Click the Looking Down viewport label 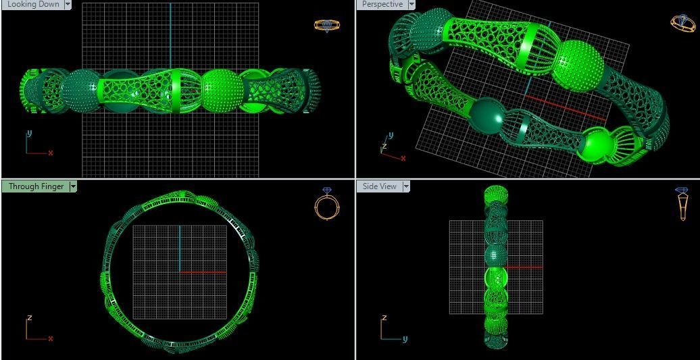tap(33, 4)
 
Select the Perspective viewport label tap(382, 4)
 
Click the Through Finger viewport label tap(36, 186)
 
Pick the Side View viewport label tap(380, 186)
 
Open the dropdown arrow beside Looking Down tap(68, 4)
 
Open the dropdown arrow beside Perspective tap(411, 4)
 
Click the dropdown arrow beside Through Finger tap(73, 186)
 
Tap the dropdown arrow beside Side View tap(406, 186)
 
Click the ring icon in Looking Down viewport tap(327, 26)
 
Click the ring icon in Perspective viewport tap(683, 23)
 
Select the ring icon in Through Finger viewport tap(327, 203)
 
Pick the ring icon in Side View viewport tap(682, 203)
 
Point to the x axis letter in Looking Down tap(51, 153)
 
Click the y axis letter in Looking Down tap(29, 134)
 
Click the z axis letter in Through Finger tap(29, 317)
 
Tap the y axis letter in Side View tap(405, 339)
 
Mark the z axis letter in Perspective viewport tap(384, 146)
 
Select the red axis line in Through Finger tap(203, 272)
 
